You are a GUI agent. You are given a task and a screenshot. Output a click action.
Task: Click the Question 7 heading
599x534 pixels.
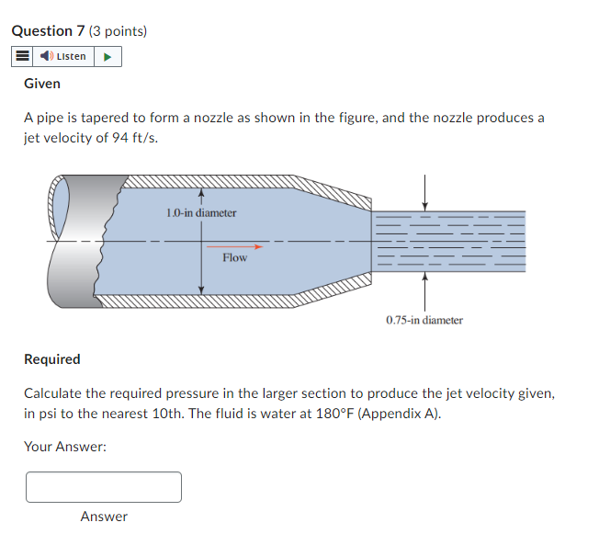(49, 31)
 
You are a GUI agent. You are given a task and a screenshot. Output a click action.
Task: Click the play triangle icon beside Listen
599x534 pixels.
(107, 57)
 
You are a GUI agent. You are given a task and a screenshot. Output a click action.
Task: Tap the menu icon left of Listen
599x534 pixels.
(23, 57)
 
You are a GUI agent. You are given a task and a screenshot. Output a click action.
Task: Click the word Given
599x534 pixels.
(42, 84)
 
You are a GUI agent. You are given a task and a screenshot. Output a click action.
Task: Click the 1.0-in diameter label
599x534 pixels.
(201, 212)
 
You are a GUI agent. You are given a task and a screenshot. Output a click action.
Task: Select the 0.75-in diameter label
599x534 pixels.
(424, 320)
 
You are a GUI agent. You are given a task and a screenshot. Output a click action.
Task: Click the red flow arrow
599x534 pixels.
(234, 246)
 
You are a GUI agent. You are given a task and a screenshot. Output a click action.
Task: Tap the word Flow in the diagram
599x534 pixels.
(234, 258)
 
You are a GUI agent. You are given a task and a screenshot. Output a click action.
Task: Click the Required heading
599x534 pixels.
(52, 359)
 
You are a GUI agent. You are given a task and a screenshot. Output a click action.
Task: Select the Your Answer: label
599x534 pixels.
(65, 447)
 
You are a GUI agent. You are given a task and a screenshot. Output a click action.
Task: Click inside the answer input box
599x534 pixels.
(104, 487)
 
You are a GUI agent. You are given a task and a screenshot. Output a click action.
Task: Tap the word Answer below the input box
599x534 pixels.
(104, 517)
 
